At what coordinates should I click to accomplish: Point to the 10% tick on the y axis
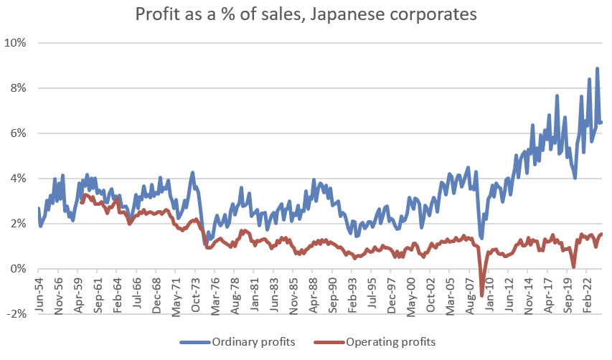[15, 43]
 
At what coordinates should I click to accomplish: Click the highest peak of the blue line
[597, 69]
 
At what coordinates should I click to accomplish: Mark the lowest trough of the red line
[481, 294]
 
